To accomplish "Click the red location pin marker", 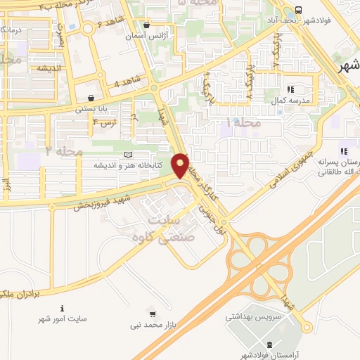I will coord(181,165).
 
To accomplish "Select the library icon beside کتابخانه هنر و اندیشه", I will coord(127,155).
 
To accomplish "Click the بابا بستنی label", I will coord(93,109).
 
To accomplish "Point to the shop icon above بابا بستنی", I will coord(91,98).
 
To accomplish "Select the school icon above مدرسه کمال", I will coord(290,89).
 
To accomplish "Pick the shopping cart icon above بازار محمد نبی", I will coord(153,314).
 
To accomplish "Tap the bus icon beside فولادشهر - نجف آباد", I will coord(299,11).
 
